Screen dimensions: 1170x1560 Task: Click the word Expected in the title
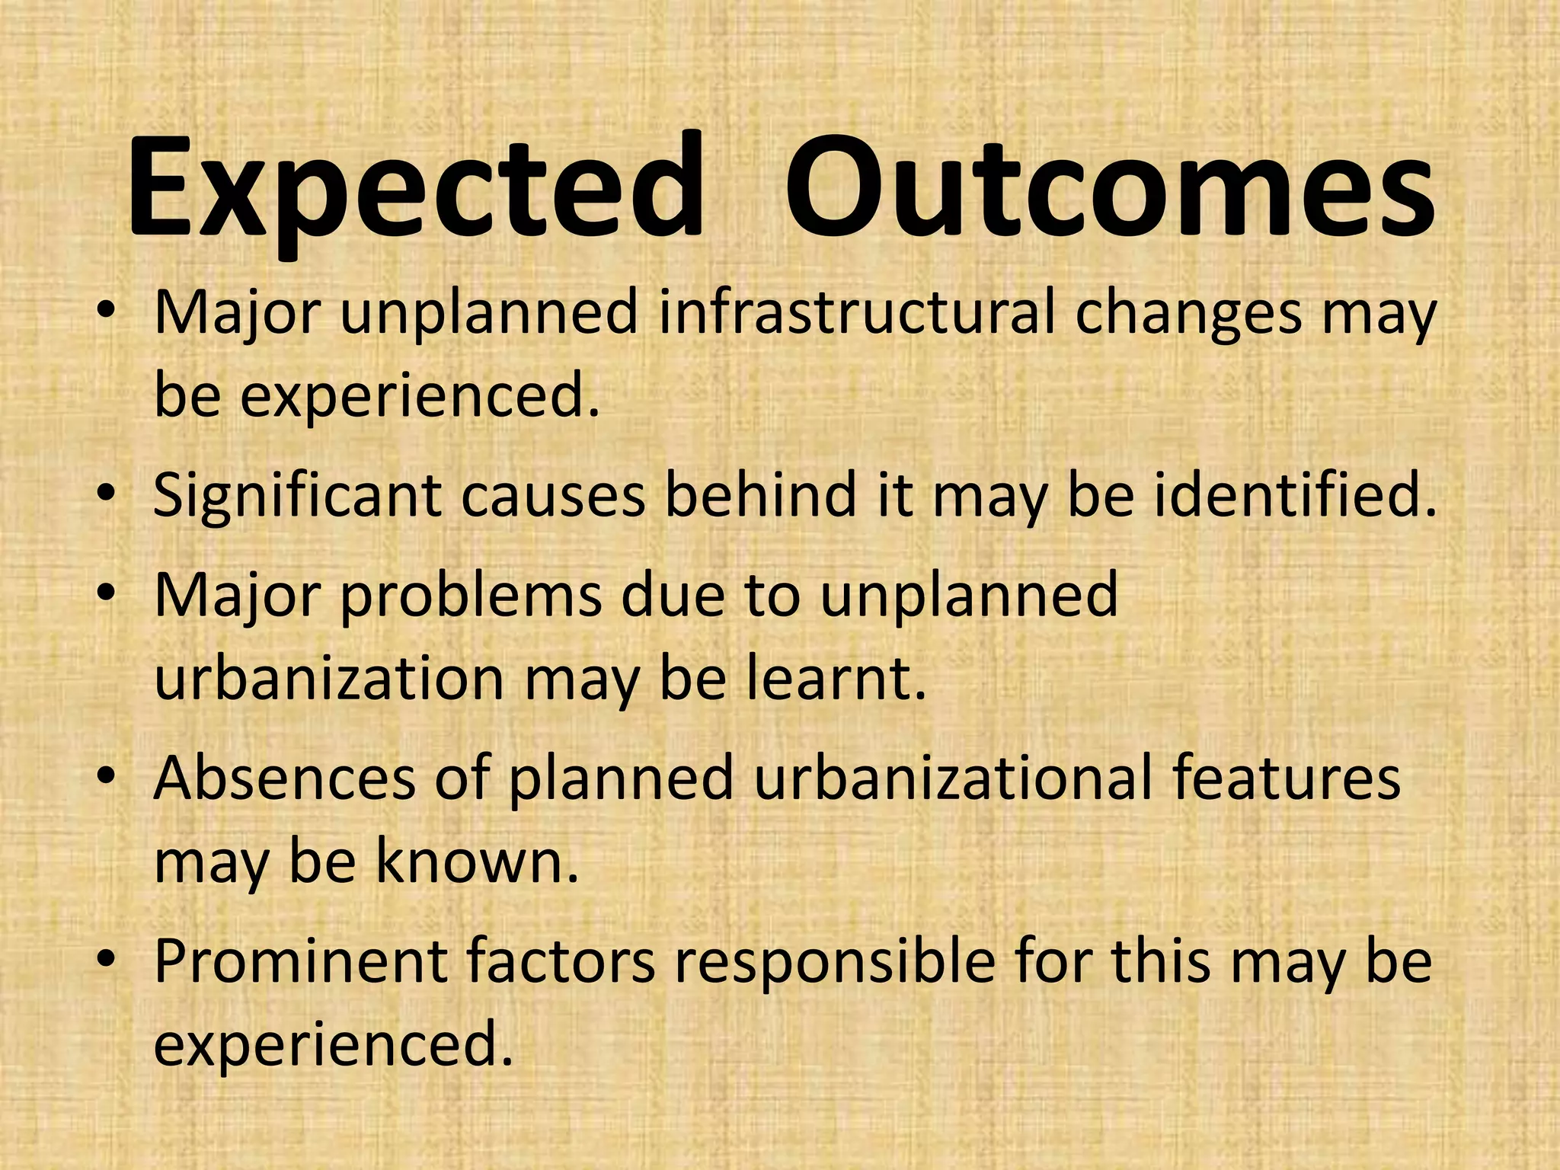(x=415, y=190)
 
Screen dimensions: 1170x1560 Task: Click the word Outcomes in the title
(x=1109, y=190)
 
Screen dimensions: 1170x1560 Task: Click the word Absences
(x=285, y=778)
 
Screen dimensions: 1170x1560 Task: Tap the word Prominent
(x=300, y=961)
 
